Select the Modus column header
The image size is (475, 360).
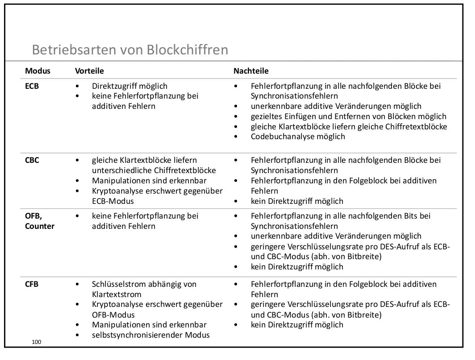click(37, 71)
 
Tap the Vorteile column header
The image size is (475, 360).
click(89, 71)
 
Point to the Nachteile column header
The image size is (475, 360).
click(251, 71)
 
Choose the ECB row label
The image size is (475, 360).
click(32, 86)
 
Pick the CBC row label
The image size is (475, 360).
click(32, 160)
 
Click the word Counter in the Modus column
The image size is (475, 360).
click(40, 226)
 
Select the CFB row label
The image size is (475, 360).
click(32, 284)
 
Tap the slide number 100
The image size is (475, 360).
click(37, 342)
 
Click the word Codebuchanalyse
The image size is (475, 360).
click(281, 137)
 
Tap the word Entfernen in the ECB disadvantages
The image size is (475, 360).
click(327, 116)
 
